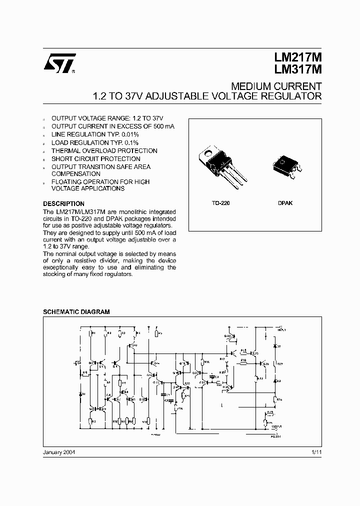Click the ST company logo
58,63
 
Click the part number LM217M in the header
297,58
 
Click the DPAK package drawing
285,165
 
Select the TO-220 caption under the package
220,204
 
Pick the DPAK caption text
285,204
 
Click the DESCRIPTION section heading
63,204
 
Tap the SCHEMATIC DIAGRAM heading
76,311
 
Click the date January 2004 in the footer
59,452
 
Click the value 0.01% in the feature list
129,135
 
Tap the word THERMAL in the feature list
67,151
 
